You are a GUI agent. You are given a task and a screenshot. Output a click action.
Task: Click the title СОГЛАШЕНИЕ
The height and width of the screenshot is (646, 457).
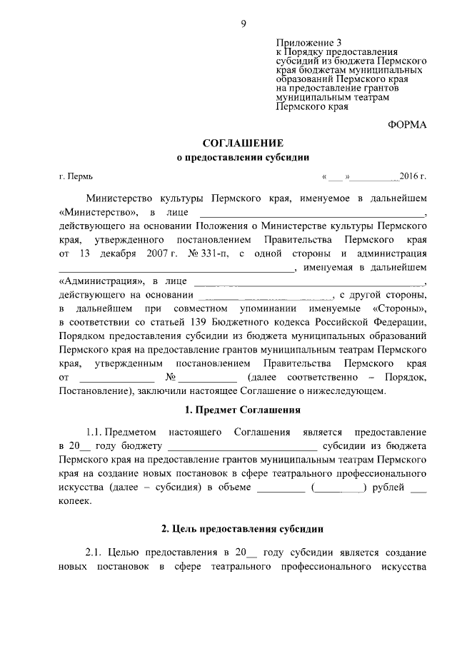click(x=243, y=143)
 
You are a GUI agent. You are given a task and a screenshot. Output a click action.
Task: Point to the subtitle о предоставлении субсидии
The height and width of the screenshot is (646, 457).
click(x=243, y=158)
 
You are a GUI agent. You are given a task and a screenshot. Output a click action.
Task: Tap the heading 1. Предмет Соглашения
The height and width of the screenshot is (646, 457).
click(x=243, y=410)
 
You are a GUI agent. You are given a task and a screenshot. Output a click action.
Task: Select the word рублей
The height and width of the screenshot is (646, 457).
click(x=389, y=488)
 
